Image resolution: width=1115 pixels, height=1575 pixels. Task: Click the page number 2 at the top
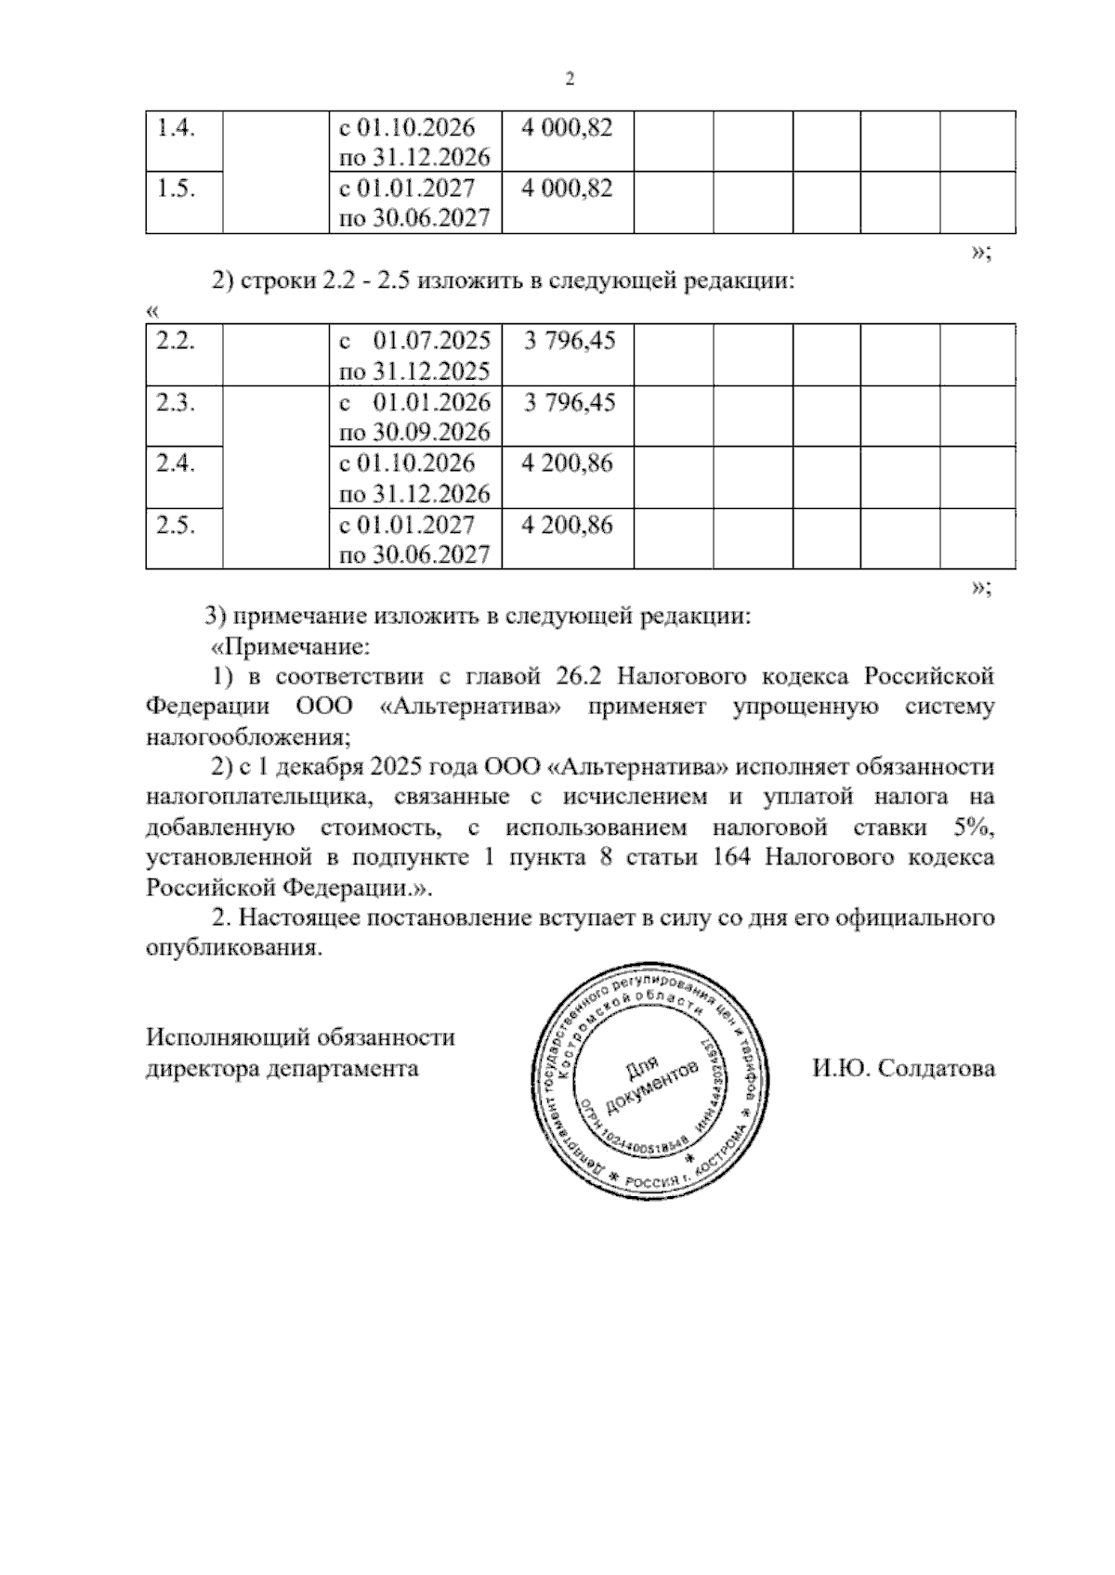pos(570,79)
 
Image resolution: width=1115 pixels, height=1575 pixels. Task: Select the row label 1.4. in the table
pos(175,127)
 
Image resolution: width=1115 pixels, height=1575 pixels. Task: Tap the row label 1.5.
pos(175,189)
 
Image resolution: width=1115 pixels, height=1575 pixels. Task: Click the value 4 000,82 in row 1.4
pos(567,127)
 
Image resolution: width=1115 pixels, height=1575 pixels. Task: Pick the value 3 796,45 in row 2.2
pos(569,341)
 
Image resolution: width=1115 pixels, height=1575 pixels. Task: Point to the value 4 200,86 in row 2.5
pos(567,525)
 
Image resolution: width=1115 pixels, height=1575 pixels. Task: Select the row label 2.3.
pos(175,402)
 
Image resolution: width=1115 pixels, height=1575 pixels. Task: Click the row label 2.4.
pos(175,463)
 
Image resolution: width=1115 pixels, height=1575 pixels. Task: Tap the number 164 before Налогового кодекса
pos(729,857)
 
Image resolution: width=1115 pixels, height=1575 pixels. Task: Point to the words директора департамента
pos(282,1068)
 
